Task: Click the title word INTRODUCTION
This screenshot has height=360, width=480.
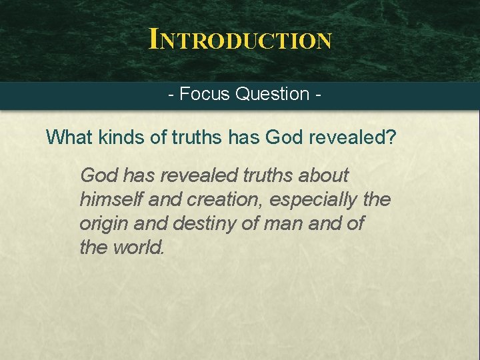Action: pos(240,39)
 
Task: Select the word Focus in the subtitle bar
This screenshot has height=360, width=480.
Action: pos(206,94)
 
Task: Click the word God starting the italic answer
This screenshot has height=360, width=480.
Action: pos(99,176)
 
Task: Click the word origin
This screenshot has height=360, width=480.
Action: pos(101,224)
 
